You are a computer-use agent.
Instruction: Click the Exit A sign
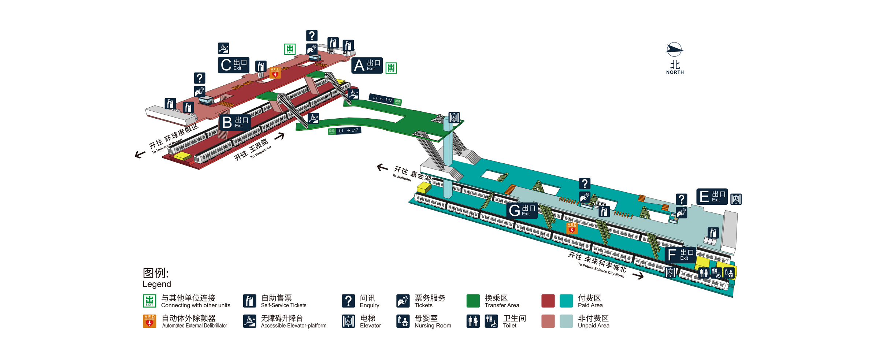pos(367,66)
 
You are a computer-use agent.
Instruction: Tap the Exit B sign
pos(235,122)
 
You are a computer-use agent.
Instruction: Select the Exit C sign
pos(234,65)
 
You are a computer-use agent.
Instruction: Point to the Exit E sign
pos(712,197)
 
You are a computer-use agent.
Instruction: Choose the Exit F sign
pos(680,255)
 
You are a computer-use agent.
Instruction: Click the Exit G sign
pos(522,211)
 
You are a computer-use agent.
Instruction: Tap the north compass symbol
pos(674,50)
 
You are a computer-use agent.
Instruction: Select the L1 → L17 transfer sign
pos(345,131)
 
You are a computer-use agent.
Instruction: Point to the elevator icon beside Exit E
pos(736,199)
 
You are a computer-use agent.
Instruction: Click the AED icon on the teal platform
pos(572,228)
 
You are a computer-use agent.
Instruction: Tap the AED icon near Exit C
pos(275,73)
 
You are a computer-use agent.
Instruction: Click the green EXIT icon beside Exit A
pos(391,68)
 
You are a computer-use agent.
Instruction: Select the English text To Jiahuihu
pos(402,178)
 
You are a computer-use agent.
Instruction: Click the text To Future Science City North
pos(601,270)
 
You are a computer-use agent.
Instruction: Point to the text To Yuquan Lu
pos(261,152)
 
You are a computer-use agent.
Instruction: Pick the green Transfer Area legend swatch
pos(473,301)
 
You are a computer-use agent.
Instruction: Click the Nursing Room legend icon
pos(403,321)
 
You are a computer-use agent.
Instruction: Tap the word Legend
pos(157,284)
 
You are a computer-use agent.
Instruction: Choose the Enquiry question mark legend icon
pos(348,301)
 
